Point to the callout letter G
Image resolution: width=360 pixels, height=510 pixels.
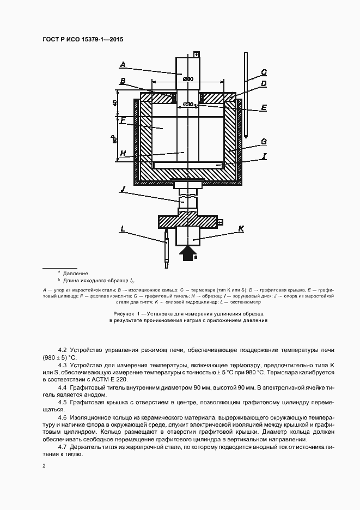[263, 142]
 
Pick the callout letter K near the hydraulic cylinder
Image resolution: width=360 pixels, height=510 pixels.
[241, 230]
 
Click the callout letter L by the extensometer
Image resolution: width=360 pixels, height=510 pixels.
[123, 230]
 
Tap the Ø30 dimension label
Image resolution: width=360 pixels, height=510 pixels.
[188, 104]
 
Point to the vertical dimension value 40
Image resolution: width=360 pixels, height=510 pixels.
[115, 104]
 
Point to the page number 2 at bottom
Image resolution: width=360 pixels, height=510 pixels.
[44, 466]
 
